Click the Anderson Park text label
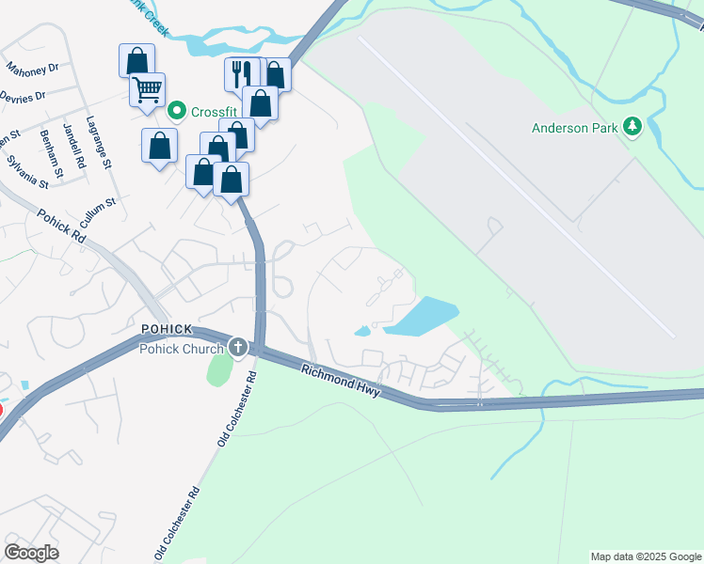[574, 127]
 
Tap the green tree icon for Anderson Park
[633, 127]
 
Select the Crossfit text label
[212, 112]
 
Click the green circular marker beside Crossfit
[176, 112]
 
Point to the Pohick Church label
[182, 349]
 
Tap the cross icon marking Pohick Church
[239, 348]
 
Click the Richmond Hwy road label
[341, 381]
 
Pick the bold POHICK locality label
[167, 329]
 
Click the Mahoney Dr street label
[32, 69]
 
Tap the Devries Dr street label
[24, 97]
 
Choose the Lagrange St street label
[99, 142]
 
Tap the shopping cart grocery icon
[147, 90]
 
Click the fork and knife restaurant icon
[241, 72]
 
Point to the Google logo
[31, 553]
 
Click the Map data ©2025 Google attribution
[646, 556]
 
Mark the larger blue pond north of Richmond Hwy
[421, 316]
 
